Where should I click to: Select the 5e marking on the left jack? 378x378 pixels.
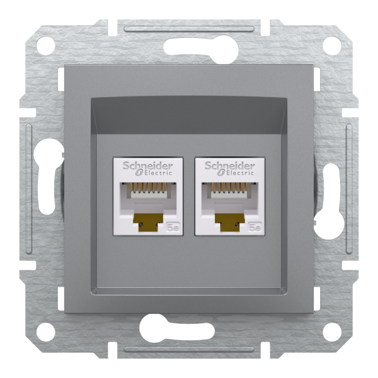click(x=173, y=227)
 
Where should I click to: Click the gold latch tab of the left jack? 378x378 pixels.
click(x=149, y=221)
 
